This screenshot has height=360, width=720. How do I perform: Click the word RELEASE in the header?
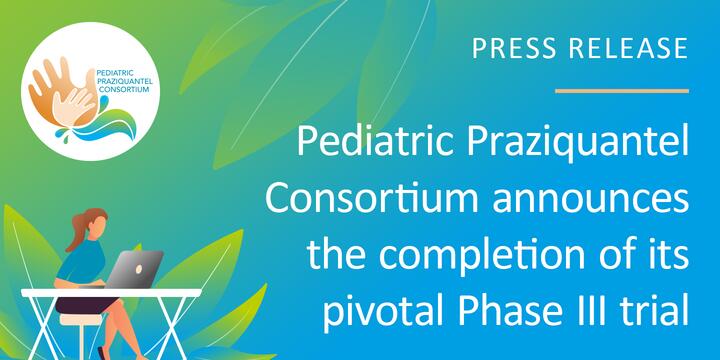pyautogui.click(x=629, y=48)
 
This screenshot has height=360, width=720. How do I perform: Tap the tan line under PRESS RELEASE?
pyautogui.click(x=622, y=91)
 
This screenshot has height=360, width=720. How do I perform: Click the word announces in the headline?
pyautogui.click(x=591, y=201)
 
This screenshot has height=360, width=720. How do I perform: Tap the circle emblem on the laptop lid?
pyautogui.click(x=139, y=269)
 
